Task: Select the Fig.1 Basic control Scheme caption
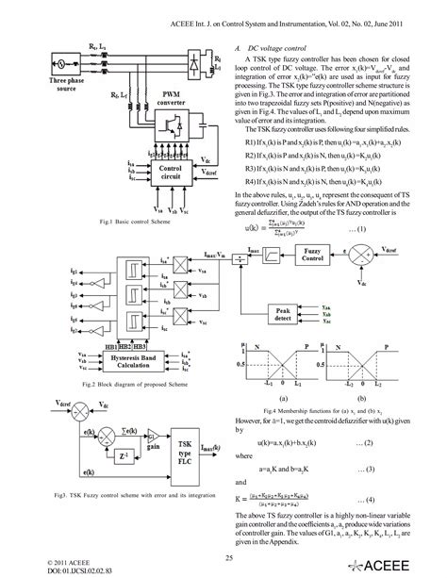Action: pos(126,222)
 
